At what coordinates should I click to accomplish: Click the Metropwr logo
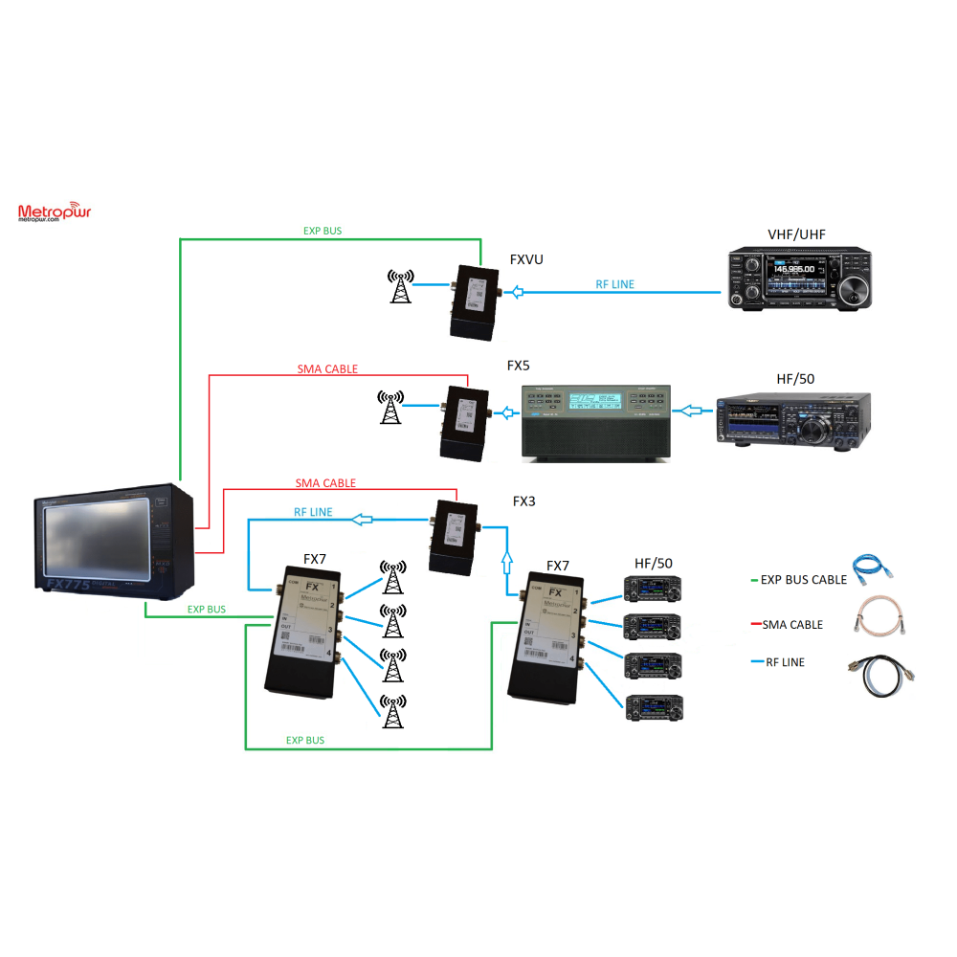(x=54, y=212)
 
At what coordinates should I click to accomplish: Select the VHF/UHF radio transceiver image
(x=800, y=279)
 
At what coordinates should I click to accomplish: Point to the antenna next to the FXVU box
(x=400, y=286)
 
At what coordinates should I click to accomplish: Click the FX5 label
(x=518, y=366)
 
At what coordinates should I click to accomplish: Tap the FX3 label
(x=523, y=501)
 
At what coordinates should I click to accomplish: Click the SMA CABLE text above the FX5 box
(x=327, y=368)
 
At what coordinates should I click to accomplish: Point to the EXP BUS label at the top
(x=322, y=231)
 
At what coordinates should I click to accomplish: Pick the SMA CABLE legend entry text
(x=792, y=624)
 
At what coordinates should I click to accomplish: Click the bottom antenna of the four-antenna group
(x=391, y=711)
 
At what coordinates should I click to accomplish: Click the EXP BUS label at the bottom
(x=304, y=740)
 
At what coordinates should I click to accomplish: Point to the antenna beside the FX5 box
(x=389, y=407)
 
